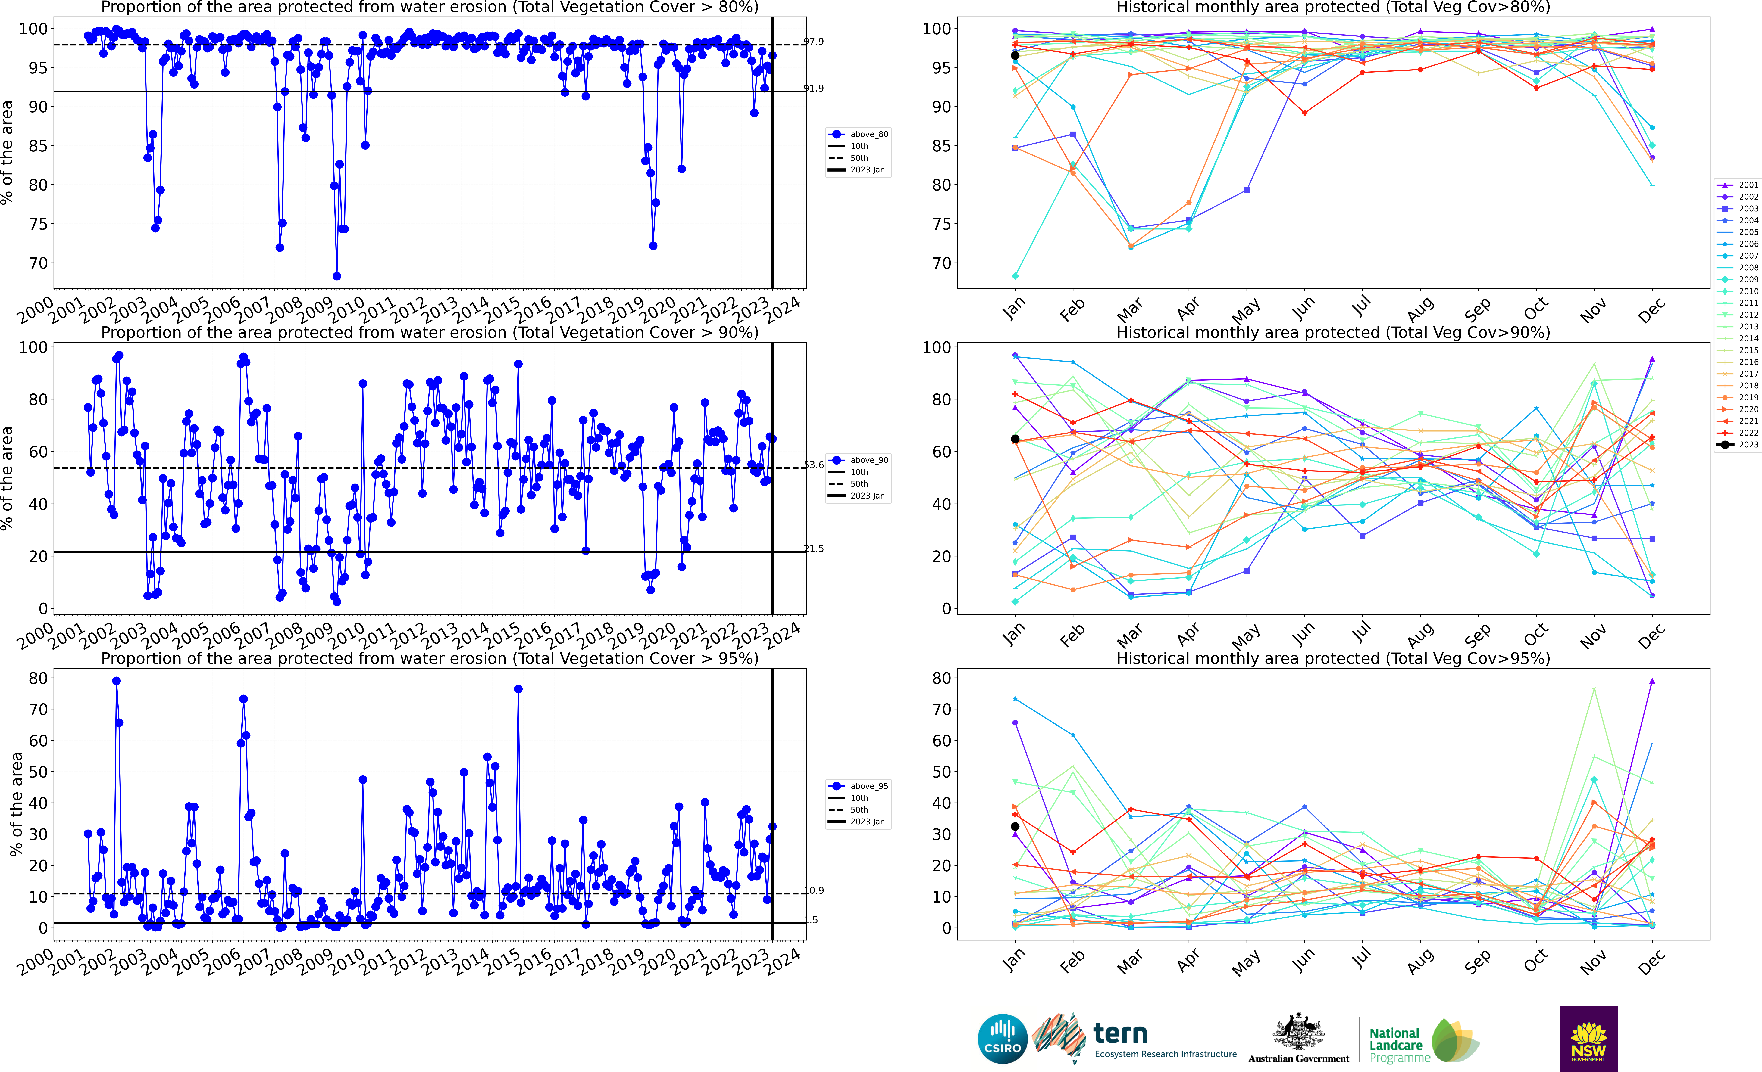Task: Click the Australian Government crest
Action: tap(1298, 1033)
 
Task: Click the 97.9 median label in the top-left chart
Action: tap(814, 42)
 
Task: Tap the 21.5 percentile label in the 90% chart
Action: tap(814, 549)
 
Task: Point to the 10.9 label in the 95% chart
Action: tap(814, 890)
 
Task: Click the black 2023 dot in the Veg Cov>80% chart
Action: tap(1015, 56)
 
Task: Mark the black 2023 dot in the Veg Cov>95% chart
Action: tap(1015, 827)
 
